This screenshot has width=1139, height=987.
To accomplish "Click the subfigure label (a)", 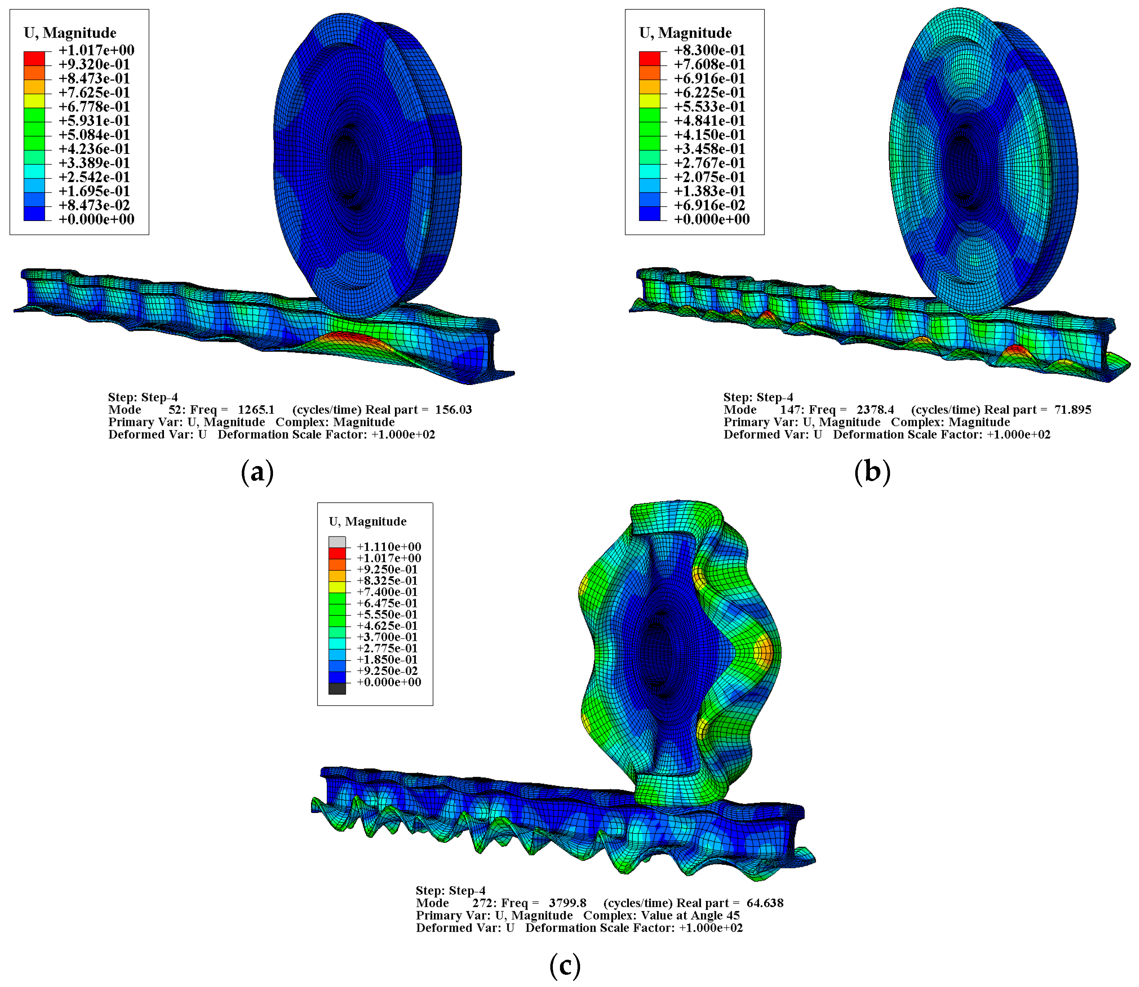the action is [x=257, y=472].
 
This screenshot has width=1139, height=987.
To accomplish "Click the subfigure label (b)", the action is [x=872, y=472].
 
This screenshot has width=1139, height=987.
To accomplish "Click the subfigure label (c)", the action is [x=565, y=965].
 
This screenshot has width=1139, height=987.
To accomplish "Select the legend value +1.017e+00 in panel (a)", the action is [x=97, y=50].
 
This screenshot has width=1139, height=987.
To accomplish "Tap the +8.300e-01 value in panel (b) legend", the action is [x=709, y=50].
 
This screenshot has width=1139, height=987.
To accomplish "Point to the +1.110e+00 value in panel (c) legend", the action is [x=389, y=547].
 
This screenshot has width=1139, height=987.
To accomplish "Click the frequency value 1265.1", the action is [x=256, y=410].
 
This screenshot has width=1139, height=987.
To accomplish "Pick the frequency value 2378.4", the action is [x=875, y=410].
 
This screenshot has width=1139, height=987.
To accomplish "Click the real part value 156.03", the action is [x=453, y=410].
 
